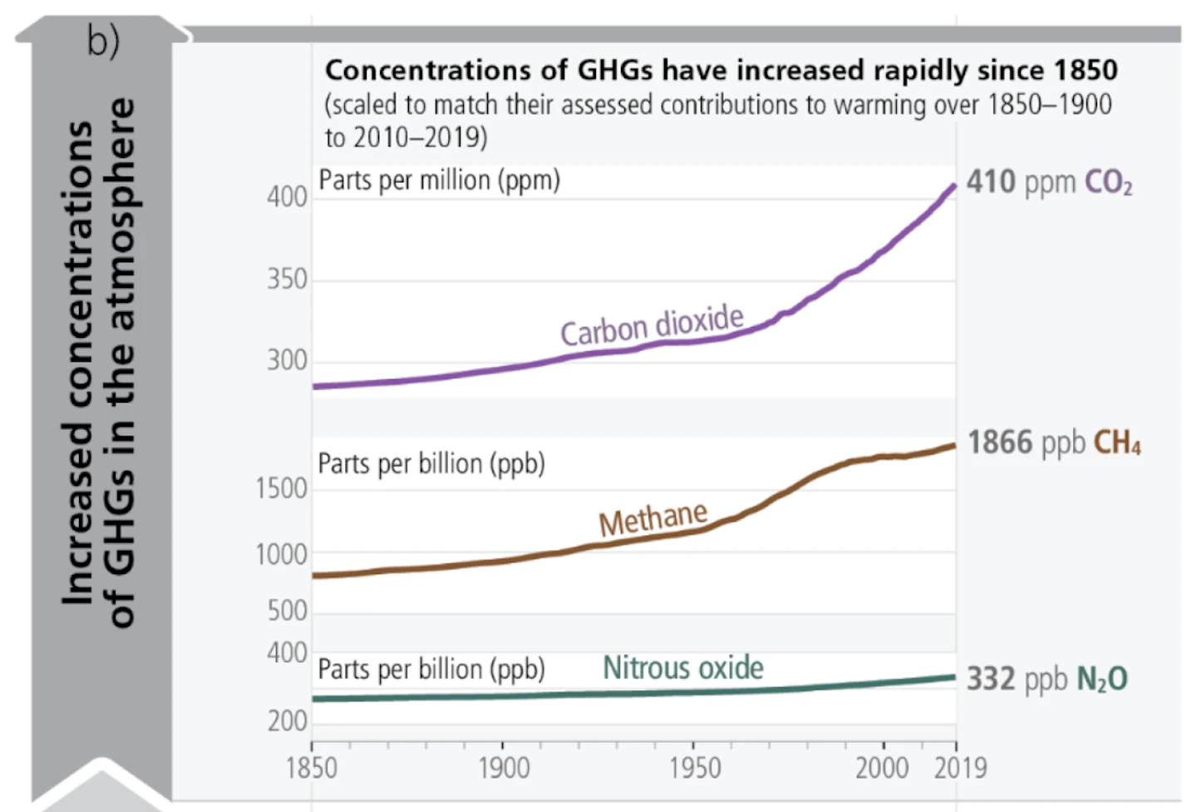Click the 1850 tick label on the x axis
coord(312,768)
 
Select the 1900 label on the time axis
coord(504,768)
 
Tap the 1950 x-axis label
coord(695,768)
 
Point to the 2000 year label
coord(882,768)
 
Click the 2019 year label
coord(960,768)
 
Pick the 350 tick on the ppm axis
coord(287,280)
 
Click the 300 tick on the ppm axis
coord(287,360)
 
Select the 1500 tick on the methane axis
coord(282,488)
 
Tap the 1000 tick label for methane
coord(282,555)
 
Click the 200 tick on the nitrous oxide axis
coord(287,721)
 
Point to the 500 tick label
coord(287,611)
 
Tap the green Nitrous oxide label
coord(683,667)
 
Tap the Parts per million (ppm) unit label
coord(439,181)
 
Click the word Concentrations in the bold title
coord(428,70)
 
